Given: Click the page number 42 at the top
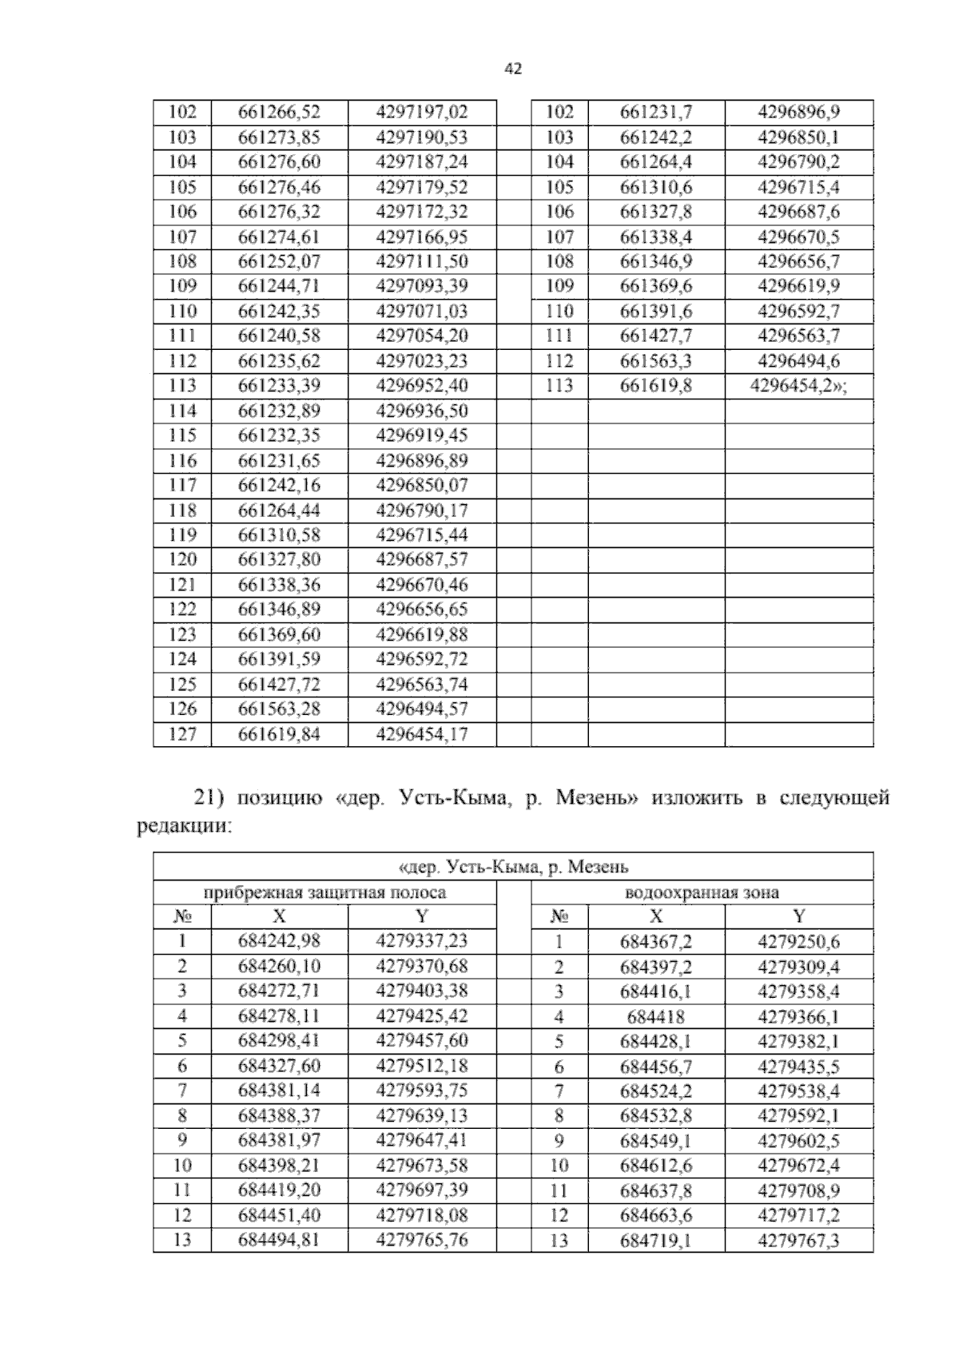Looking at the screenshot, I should click(513, 70).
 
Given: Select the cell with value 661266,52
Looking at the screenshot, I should click(279, 113).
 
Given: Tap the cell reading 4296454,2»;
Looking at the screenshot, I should click(798, 387).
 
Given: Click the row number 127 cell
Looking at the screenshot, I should click(182, 735).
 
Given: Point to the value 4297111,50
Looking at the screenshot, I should click(421, 262).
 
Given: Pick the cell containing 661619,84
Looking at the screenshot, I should click(279, 735).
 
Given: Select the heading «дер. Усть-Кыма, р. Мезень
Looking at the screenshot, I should click(513, 868).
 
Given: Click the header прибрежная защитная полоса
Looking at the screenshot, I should click(324, 892).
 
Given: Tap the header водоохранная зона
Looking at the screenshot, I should click(702, 892).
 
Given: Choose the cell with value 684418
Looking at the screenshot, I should click(656, 1017).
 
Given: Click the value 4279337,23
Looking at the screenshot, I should click(421, 941).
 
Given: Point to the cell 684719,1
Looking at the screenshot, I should click(656, 1242).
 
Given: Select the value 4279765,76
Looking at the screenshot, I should click(421, 1240).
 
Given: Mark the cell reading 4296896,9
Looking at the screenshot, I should click(798, 113).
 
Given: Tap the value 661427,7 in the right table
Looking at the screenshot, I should click(656, 336).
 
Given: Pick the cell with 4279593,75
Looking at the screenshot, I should click(421, 1091).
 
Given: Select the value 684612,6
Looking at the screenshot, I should click(656, 1166).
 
